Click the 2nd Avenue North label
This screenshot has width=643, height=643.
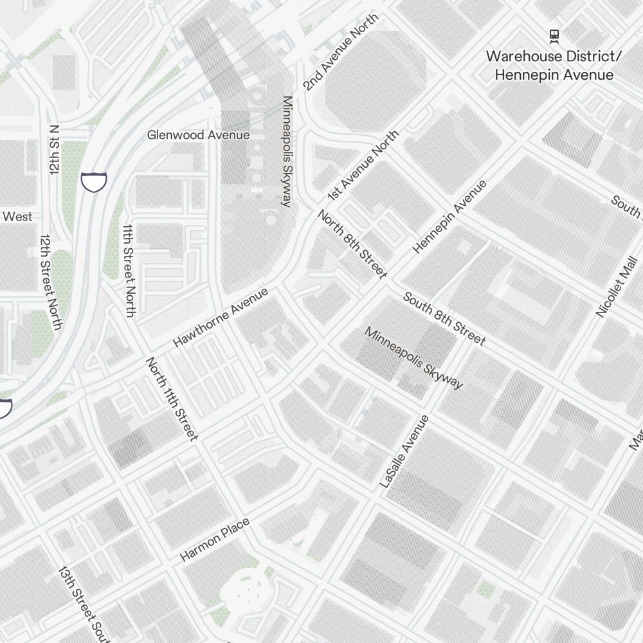click(341, 52)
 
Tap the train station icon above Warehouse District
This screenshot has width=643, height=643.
click(554, 36)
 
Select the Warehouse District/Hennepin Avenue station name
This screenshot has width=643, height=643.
click(554, 66)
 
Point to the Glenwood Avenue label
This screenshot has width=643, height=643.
click(198, 135)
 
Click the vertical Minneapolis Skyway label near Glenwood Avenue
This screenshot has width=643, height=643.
click(287, 152)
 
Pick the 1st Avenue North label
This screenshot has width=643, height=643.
click(363, 165)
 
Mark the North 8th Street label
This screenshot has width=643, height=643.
click(352, 244)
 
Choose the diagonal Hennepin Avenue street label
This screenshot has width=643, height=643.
click(449, 217)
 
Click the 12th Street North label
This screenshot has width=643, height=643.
click(50, 282)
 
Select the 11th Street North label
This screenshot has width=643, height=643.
click(129, 271)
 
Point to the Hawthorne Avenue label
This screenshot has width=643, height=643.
click(220, 318)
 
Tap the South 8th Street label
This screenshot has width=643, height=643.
click(444, 318)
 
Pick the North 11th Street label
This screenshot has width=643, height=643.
click(172, 399)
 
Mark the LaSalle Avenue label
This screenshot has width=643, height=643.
click(404, 451)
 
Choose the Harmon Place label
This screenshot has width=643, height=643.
click(214, 540)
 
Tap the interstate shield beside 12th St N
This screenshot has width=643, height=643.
click(94, 182)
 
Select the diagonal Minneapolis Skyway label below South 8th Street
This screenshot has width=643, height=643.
click(413, 358)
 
